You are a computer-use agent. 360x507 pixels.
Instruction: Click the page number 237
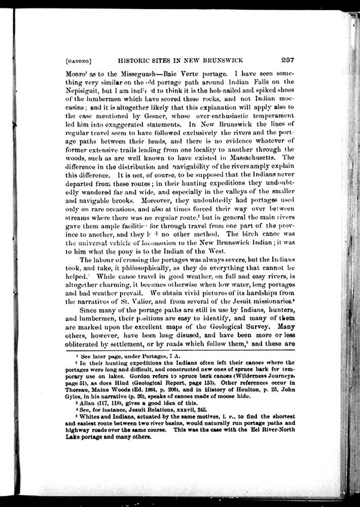pyautogui.click(x=287, y=59)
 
